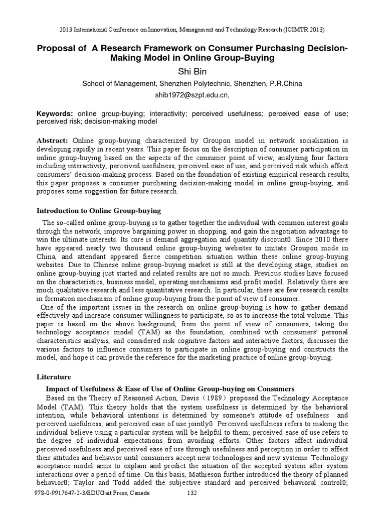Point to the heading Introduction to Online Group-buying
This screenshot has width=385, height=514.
tap(99, 210)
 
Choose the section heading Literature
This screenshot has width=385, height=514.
tap(55, 376)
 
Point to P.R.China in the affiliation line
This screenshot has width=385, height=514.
tap(285, 84)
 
